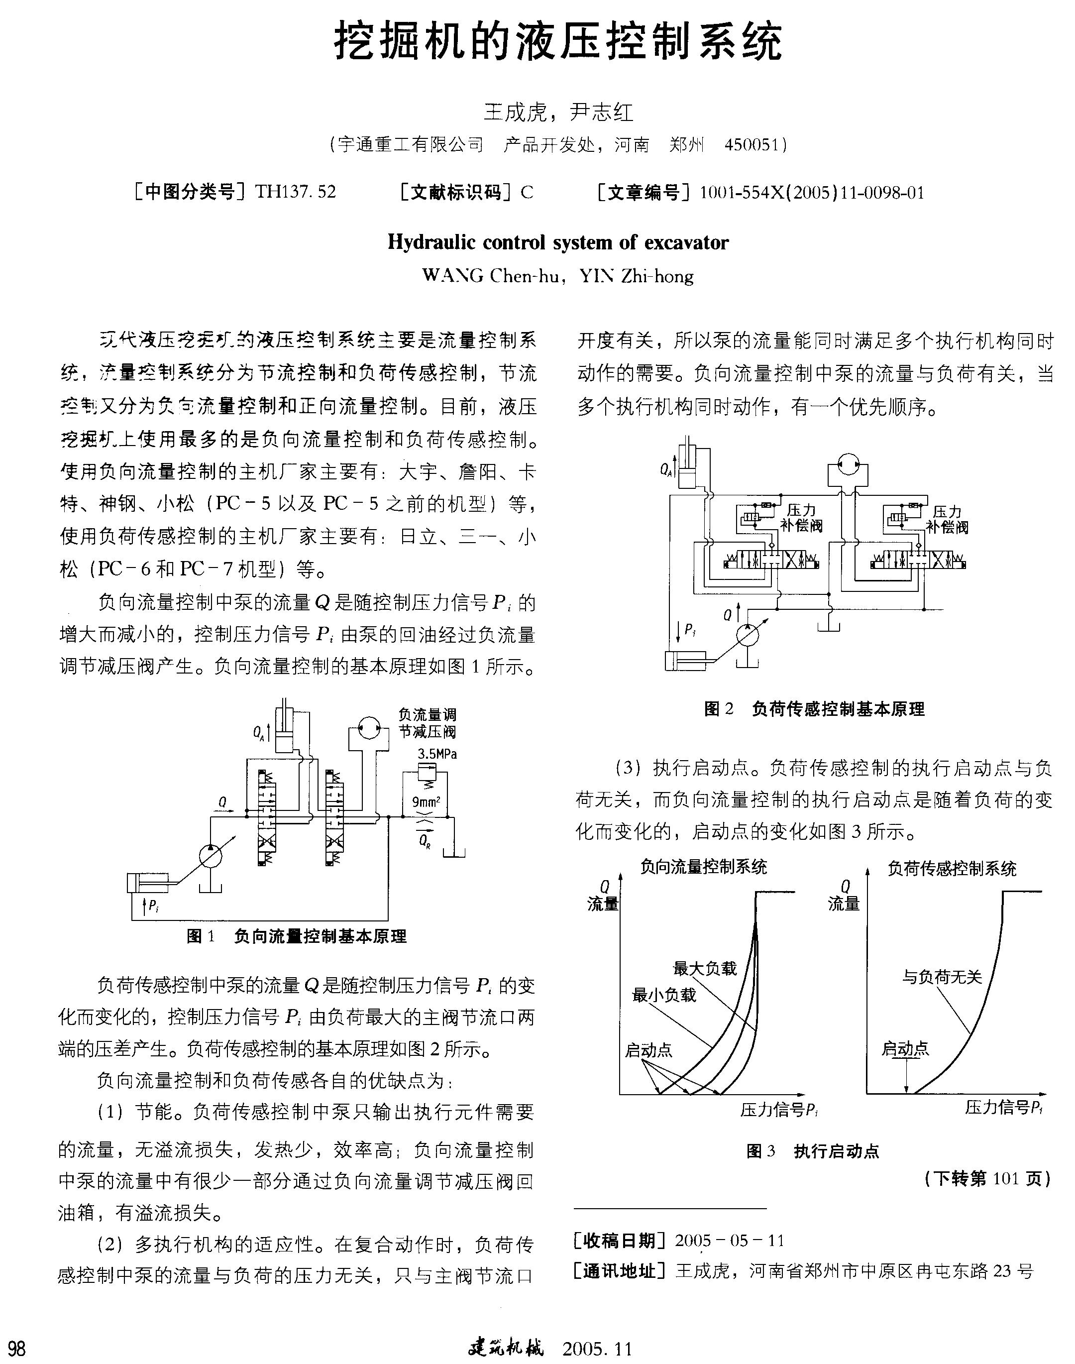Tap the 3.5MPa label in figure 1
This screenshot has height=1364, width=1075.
pos(437,754)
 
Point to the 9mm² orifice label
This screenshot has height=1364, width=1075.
pos(426,802)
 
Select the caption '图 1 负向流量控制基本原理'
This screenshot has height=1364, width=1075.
pos(297,936)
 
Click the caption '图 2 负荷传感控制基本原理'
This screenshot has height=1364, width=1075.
pos(814,709)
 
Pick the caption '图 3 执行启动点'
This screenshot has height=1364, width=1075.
pos(813,1151)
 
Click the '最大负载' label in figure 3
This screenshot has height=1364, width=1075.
pos(704,968)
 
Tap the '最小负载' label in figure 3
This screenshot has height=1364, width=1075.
pos(663,995)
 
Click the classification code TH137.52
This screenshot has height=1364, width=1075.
pos(295,191)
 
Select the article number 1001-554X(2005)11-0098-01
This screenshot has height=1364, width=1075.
pos(812,193)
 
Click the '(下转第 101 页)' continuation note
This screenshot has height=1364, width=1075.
pos(987,1179)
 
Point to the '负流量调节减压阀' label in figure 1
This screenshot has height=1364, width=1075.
pos(428,723)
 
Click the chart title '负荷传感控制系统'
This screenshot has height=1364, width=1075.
pos(952,869)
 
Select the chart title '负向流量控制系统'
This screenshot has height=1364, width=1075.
pos(704,867)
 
